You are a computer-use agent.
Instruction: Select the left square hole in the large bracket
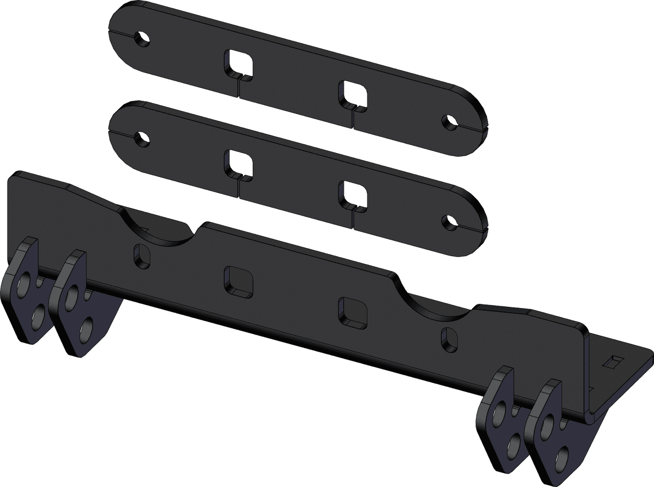(238, 281)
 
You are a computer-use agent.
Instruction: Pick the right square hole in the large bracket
(353, 312)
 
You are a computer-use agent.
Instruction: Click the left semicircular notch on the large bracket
(158, 230)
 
